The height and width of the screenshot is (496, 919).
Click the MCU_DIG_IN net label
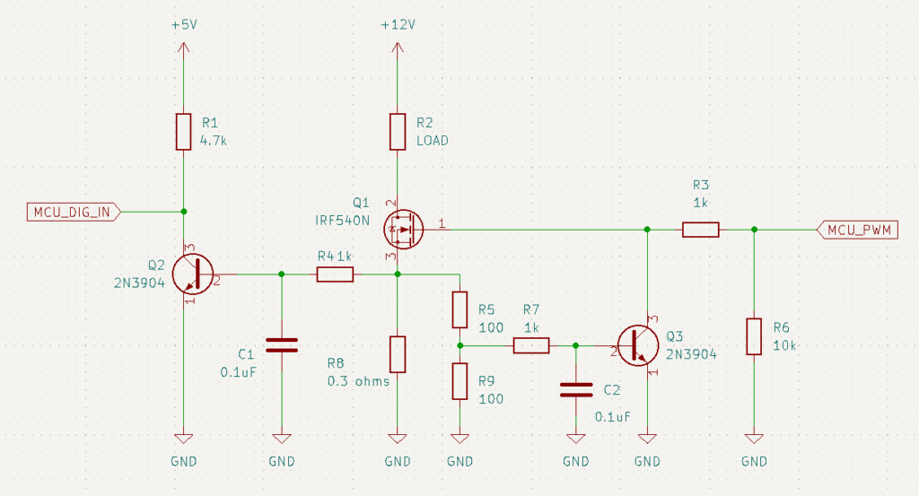coord(74,212)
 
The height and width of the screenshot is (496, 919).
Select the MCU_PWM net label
coord(857,231)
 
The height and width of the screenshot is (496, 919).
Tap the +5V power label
coord(184,24)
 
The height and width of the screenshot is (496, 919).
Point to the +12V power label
coord(398,24)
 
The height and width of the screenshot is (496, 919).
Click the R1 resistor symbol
coord(183,132)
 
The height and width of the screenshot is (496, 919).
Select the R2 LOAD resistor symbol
coord(398,132)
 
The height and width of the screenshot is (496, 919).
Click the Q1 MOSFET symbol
coord(404,230)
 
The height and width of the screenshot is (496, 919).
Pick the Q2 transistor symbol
coord(193,274)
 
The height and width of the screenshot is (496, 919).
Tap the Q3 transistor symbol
coord(638,345)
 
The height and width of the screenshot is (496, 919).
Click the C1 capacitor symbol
coord(282,345)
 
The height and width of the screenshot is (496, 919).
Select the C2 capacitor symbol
coord(576,390)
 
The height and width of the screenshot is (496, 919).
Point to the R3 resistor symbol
coord(700,230)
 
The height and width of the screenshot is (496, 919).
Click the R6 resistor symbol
coord(754,336)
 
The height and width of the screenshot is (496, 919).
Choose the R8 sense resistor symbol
coord(398,354)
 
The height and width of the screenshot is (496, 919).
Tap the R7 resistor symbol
coord(531,345)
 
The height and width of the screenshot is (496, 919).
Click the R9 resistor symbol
coord(460,381)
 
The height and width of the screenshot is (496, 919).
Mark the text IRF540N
coord(343,221)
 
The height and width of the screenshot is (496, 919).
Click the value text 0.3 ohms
coord(358,381)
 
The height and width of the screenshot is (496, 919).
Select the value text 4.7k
coord(214,141)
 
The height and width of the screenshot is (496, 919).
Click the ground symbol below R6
coord(754,439)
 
